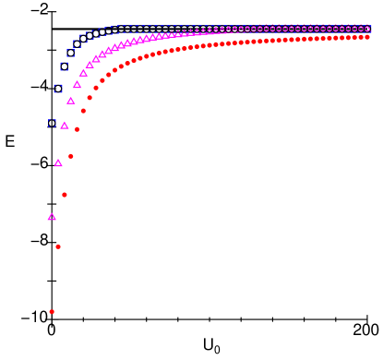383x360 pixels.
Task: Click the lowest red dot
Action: coord(52,312)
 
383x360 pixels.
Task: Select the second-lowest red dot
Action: coord(58,246)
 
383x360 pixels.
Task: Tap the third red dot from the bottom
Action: coord(65,195)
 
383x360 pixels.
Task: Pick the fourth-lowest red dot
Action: coord(71,156)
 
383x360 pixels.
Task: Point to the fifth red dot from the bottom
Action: coord(77,129)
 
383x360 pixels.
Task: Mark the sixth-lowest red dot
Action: coord(83,111)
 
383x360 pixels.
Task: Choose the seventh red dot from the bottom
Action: coord(90,98)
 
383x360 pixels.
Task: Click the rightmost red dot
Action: coord(367,37)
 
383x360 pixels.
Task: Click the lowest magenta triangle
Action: coord(52,217)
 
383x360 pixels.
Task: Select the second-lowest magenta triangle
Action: coord(58,163)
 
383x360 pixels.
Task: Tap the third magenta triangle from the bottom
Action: coord(65,126)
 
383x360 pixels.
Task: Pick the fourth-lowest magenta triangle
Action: coord(71,101)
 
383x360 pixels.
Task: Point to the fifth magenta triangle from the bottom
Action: coord(77,85)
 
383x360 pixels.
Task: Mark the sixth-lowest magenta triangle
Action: coord(83,73)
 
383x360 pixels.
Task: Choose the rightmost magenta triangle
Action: coord(367,29)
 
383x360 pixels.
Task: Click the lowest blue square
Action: coord(52,123)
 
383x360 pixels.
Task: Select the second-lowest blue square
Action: coord(58,89)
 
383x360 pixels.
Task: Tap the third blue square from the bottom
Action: coord(65,66)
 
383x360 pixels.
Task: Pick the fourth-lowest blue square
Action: coord(71,53)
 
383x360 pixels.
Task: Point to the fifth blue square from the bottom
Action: coord(77,44)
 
